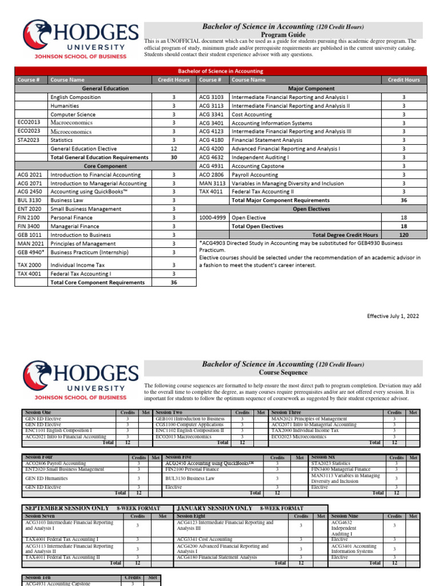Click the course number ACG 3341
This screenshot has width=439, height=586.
tap(211, 114)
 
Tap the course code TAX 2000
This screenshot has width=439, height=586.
tap(30, 265)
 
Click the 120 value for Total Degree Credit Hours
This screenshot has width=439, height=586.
tap(404, 235)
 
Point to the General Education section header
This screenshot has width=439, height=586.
tap(105, 89)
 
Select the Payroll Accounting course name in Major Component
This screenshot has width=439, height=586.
tap(254, 175)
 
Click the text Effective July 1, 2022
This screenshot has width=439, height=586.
tap(393, 315)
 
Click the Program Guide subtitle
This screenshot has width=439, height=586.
tap(284, 34)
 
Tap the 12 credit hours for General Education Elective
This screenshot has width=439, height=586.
tap(174, 149)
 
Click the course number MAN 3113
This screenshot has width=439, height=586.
tap(211, 183)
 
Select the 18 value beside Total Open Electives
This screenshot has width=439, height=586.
tap(404, 226)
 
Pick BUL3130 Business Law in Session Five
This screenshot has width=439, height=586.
tap(190, 478)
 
